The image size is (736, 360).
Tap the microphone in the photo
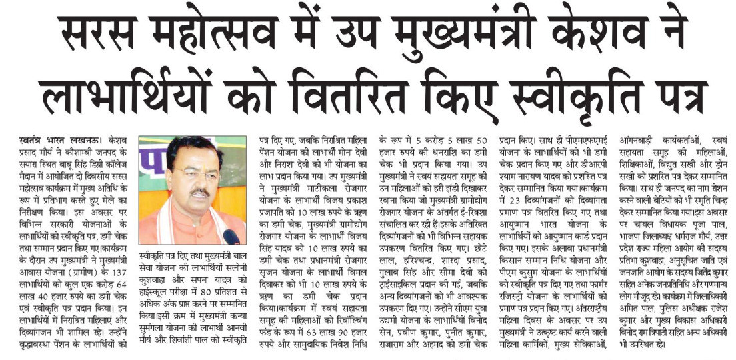pyautogui.click(x=231, y=236)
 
